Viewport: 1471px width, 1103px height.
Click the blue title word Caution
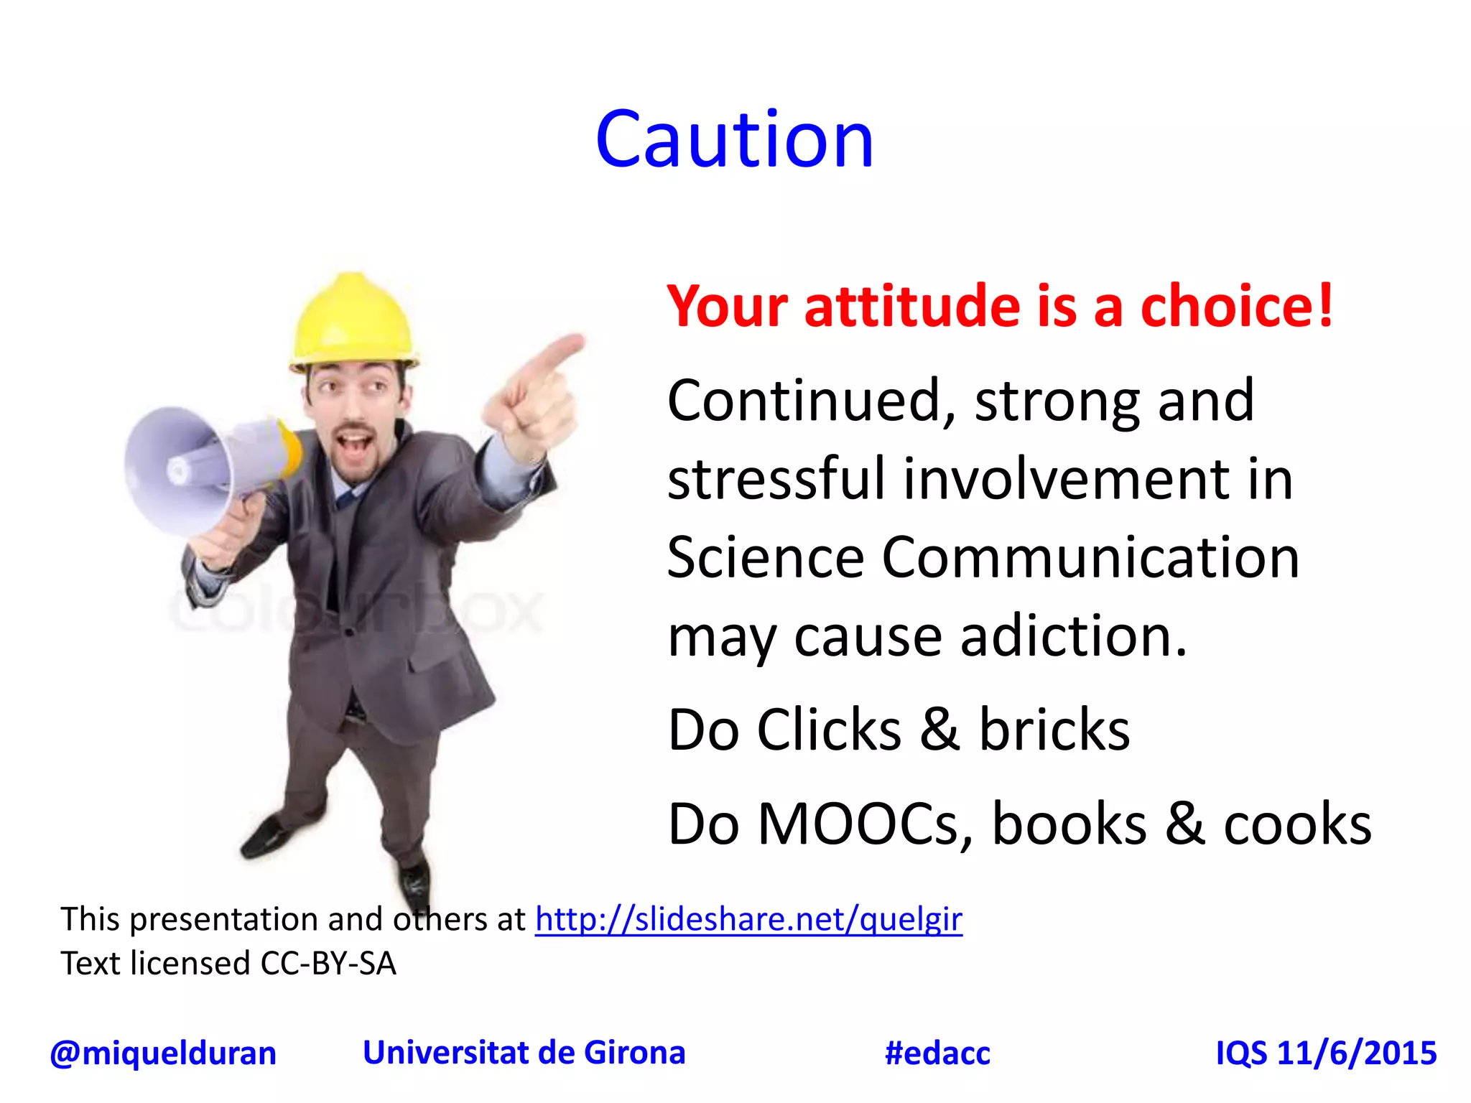[x=734, y=139]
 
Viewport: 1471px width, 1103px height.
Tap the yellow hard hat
[x=353, y=323]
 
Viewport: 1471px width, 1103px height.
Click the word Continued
[x=812, y=401]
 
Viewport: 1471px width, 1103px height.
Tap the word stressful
[x=776, y=479]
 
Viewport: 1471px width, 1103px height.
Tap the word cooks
[x=1297, y=824]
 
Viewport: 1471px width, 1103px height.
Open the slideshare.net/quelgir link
[x=748, y=920]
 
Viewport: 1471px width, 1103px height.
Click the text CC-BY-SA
[x=328, y=964]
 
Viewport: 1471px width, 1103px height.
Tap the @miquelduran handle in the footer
[x=163, y=1053]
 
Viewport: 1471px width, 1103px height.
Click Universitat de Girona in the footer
[x=524, y=1053]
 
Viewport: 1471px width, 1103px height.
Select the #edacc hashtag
[x=937, y=1053]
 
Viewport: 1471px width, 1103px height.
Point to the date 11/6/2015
[x=1357, y=1053]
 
